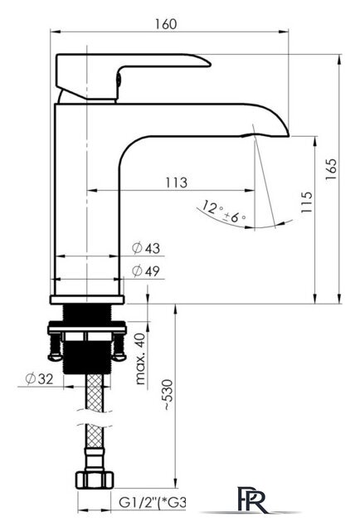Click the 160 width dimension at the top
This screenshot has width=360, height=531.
[x=166, y=24]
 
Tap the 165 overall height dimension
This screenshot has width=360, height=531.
[x=331, y=169]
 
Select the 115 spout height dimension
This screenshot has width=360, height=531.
[x=306, y=202]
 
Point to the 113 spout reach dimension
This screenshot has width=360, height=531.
[x=177, y=183]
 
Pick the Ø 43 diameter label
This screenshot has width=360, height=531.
[x=146, y=248]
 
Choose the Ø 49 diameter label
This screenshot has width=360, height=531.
[x=146, y=271]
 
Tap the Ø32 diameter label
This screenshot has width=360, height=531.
[x=40, y=378]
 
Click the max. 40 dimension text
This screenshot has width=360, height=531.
[x=140, y=358]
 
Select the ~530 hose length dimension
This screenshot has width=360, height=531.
[x=168, y=395]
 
